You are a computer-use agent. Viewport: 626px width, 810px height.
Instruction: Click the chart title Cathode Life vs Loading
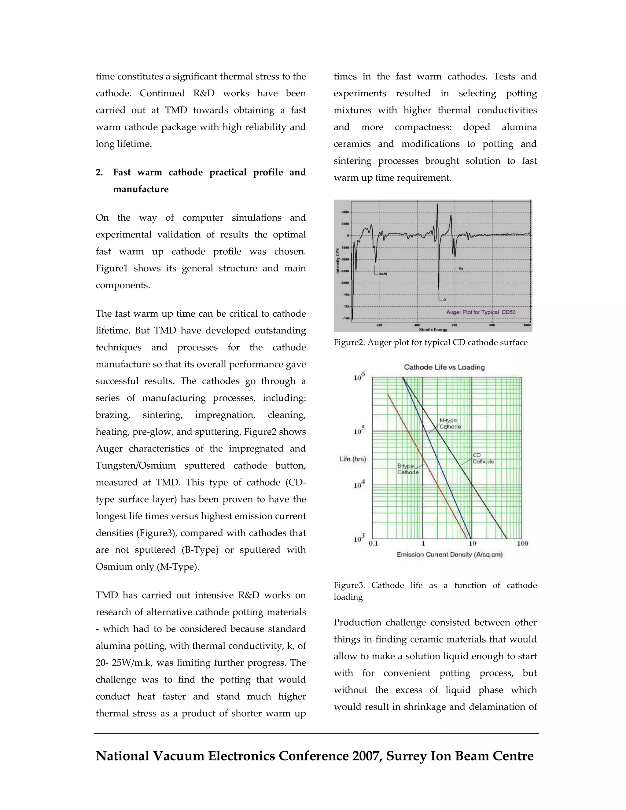[444, 367]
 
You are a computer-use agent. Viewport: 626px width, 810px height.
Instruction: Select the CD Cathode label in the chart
[483, 458]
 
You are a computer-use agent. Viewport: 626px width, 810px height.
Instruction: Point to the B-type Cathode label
[408, 469]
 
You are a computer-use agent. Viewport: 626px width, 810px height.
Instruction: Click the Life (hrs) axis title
[353, 459]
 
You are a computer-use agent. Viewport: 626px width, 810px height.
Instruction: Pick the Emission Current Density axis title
[449, 554]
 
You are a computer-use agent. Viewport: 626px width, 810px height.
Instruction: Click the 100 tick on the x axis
[522, 543]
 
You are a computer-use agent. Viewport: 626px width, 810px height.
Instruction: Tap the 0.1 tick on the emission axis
[374, 543]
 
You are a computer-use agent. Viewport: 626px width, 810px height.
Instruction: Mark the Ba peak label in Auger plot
[461, 268]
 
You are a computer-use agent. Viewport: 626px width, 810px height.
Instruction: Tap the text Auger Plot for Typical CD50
[481, 312]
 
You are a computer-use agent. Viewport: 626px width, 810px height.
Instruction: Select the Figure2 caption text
[430, 342]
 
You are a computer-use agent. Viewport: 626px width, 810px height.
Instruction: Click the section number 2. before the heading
[99, 172]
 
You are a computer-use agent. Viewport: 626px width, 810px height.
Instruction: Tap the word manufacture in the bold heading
[141, 189]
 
